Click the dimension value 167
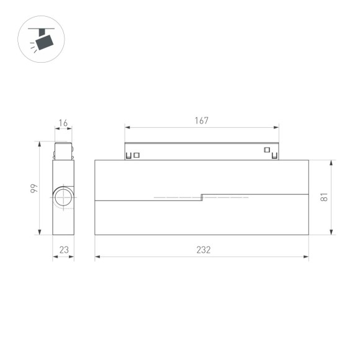(x=201, y=120)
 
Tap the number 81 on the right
(x=323, y=197)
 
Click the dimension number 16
(x=63, y=124)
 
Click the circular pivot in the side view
(x=63, y=197)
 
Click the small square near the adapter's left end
(x=137, y=155)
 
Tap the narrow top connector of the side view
(x=63, y=151)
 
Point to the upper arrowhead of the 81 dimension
(x=331, y=163)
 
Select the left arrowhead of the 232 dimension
(x=98, y=257)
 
